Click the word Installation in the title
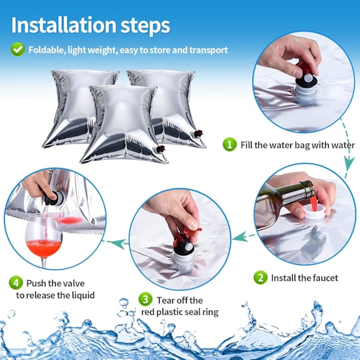pyautogui.click(x=64, y=25)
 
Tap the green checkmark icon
pyautogui.click(x=17, y=49)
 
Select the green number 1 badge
pyautogui.click(x=230, y=145)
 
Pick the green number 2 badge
pyautogui.click(x=260, y=277)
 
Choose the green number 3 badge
pyautogui.click(x=145, y=299)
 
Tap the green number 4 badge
pyautogui.click(x=16, y=283)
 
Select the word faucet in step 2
pyautogui.click(x=324, y=278)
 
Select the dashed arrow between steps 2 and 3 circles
pyautogui.click(x=244, y=236)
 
